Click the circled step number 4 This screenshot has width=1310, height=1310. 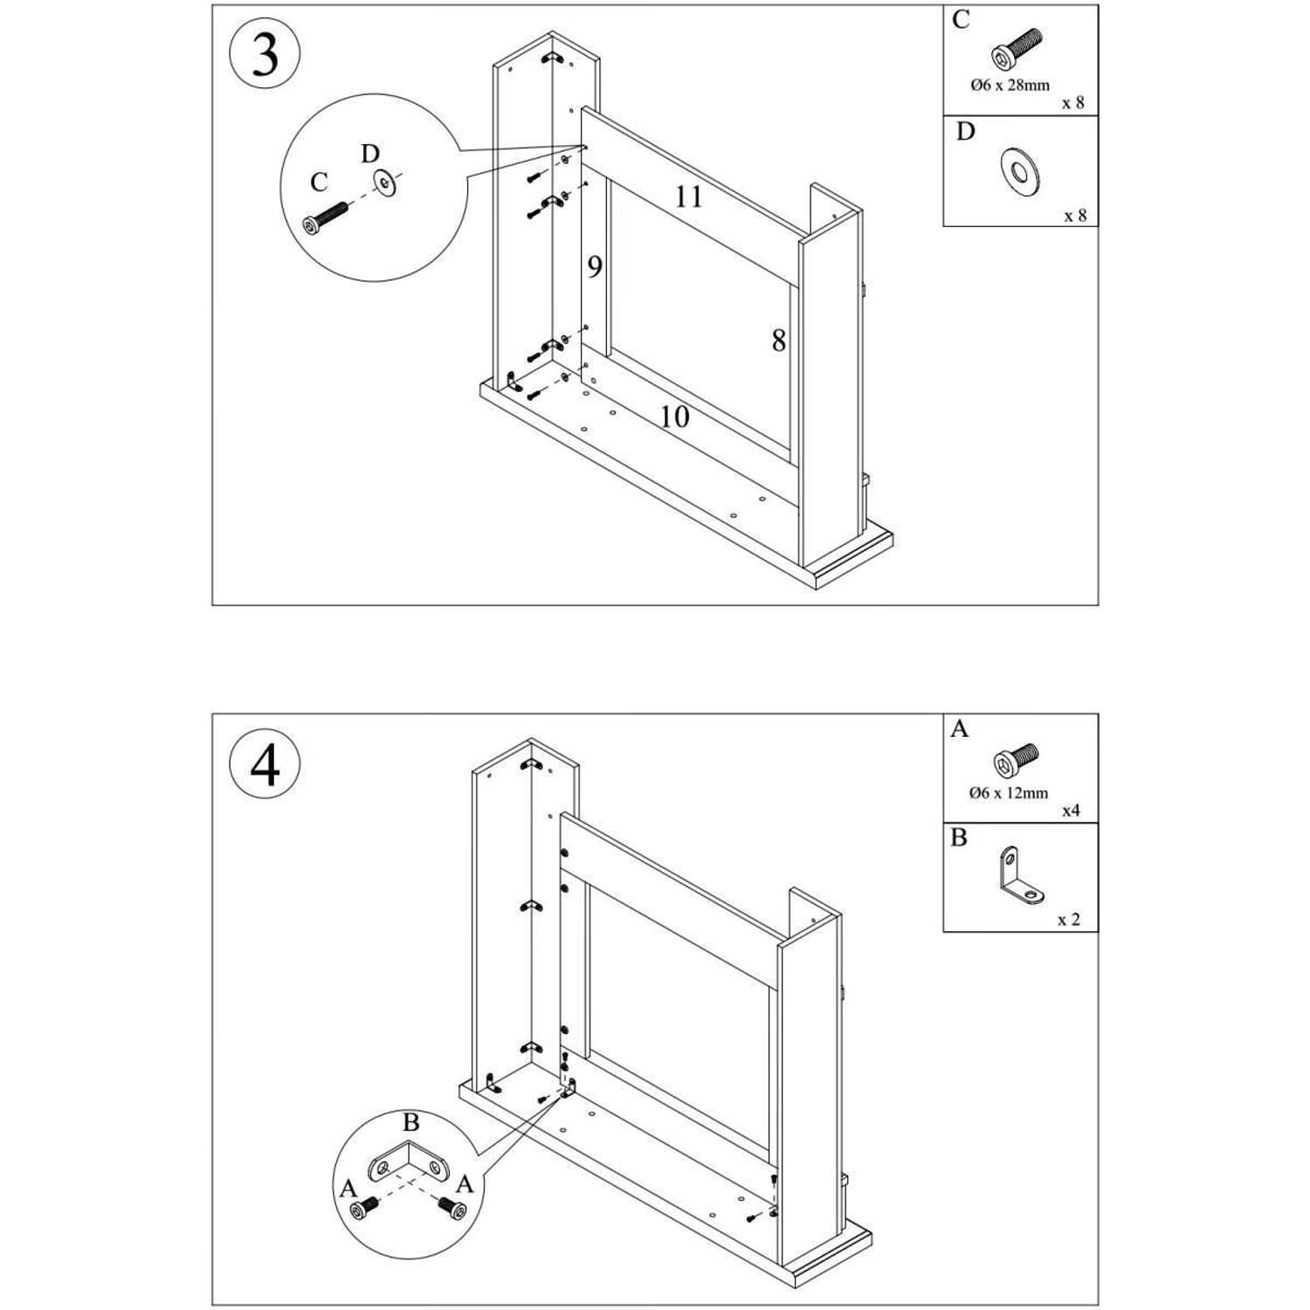265,765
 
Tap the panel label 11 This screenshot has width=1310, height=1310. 688,196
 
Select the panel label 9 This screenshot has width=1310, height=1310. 595,266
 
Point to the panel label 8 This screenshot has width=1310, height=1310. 778,340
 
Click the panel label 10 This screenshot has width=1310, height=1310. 673,417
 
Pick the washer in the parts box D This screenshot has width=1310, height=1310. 1019,170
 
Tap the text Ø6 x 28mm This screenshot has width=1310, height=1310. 1010,86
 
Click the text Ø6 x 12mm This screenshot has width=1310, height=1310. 1009,793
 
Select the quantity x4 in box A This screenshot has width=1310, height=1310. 1071,810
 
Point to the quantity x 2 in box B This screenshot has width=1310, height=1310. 1068,920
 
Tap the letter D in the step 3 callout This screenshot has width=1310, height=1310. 370,155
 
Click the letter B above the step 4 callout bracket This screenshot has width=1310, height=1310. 410,1122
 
